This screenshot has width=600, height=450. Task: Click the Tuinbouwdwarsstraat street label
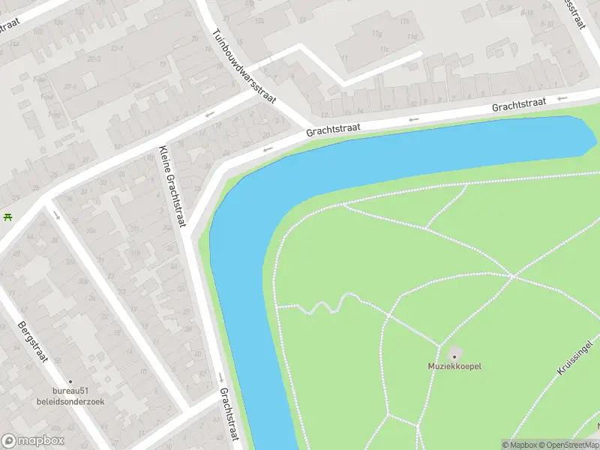[244, 67]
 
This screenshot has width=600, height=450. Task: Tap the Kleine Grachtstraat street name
[172, 185]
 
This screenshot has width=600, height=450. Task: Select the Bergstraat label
[31, 342]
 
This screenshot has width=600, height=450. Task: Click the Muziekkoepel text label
[454, 366]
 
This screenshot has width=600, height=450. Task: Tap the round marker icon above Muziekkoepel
[454, 352]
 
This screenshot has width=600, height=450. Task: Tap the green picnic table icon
[7, 217]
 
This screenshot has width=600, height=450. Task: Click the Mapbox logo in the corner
[32, 441]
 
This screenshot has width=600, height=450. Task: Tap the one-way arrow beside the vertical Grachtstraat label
[220, 376]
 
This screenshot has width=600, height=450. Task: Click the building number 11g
[376, 34]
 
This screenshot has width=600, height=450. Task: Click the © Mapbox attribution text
[521, 445]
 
